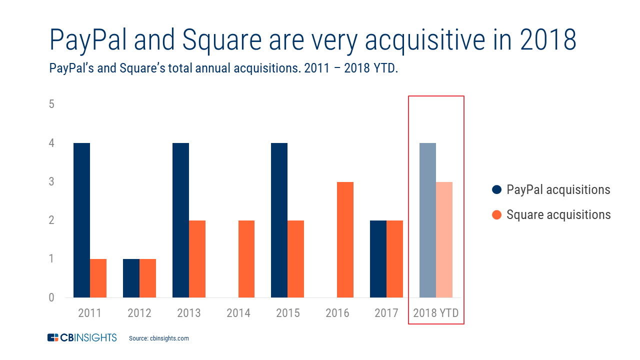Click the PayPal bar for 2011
coord(81,220)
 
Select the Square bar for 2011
coord(98,278)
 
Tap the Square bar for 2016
coord(345,239)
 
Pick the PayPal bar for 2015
coord(279,220)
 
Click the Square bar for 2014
coord(246,259)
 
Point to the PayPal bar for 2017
coord(378,259)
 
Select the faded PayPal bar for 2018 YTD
coord(427,220)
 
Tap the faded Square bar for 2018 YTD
coord(444,239)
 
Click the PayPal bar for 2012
coord(131,278)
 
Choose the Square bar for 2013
coord(197,259)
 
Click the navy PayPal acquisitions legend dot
coord(496,190)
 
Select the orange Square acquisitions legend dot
coord(496,215)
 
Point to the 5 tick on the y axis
coord(51,104)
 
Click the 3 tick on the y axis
coord(51,182)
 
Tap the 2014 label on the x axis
coord(238,313)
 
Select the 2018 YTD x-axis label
coord(436,313)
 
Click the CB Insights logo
coord(82,338)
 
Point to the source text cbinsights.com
coord(158,338)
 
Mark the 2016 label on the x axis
coord(337,313)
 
